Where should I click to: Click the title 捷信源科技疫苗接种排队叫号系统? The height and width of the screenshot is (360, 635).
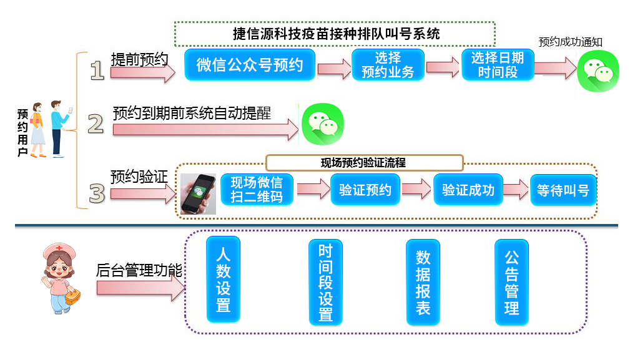pyautogui.click(x=335, y=34)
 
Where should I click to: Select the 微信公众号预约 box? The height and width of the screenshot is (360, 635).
pyautogui.click(x=250, y=65)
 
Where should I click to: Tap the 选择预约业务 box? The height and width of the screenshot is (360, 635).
pyautogui.click(x=388, y=65)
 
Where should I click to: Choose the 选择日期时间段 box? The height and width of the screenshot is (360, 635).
pyautogui.click(x=498, y=65)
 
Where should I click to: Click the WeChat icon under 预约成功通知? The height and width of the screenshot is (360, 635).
pyautogui.click(x=598, y=70)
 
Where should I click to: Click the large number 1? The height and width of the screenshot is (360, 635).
pyautogui.click(x=97, y=70)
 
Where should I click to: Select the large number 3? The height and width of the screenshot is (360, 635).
pyautogui.click(x=96, y=193)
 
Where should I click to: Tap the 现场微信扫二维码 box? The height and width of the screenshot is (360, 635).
pyautogui.click(x=257, y=190)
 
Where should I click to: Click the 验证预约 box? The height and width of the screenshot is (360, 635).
pyautogui.click(x=365, y=190)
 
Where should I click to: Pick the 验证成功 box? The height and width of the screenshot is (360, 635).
pyautogui.click(x=468, y=190)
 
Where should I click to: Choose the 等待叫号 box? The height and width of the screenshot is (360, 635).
pyautogui.click(x=563, y=190)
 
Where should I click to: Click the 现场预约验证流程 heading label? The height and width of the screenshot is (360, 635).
pyautogui.click(x=364, y=163)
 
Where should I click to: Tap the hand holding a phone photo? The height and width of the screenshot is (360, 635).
pyautogui.click(x=199, y=194)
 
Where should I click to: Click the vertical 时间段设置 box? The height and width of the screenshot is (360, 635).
pyautogui.click(x=325, y=283)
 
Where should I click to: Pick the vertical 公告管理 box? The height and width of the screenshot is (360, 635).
pyautogui.click(x=511, y=283)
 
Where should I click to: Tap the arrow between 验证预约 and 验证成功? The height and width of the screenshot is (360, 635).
pyautogui.click(x=416, y=190)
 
